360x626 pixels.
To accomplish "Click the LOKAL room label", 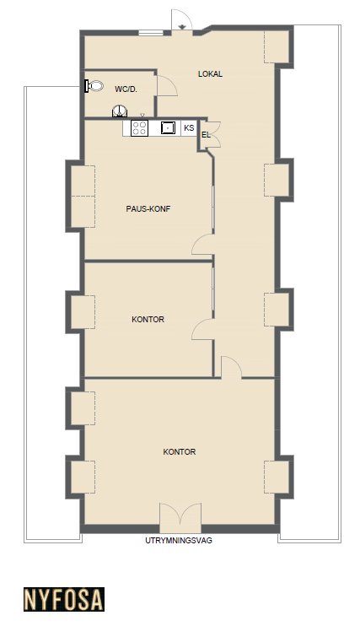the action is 210,74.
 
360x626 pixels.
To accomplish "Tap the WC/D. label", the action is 126,89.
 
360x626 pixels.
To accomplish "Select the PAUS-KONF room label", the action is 148,208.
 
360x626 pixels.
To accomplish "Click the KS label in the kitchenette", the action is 189,127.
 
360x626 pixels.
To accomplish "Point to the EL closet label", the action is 206,135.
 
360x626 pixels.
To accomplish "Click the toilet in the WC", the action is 94,86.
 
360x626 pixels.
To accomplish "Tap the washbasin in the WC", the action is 120,111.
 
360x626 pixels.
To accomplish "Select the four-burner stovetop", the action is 139,127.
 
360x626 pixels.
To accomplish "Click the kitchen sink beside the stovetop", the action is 168,127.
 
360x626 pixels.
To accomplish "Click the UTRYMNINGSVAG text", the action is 179,541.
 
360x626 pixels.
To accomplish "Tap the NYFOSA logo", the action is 64,599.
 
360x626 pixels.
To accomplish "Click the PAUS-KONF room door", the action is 202,245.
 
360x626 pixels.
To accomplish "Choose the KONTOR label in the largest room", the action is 180,452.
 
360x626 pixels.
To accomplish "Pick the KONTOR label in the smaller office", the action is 148,320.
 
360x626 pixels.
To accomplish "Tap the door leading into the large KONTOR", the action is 231,366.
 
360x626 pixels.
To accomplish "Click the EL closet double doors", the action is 216,134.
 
